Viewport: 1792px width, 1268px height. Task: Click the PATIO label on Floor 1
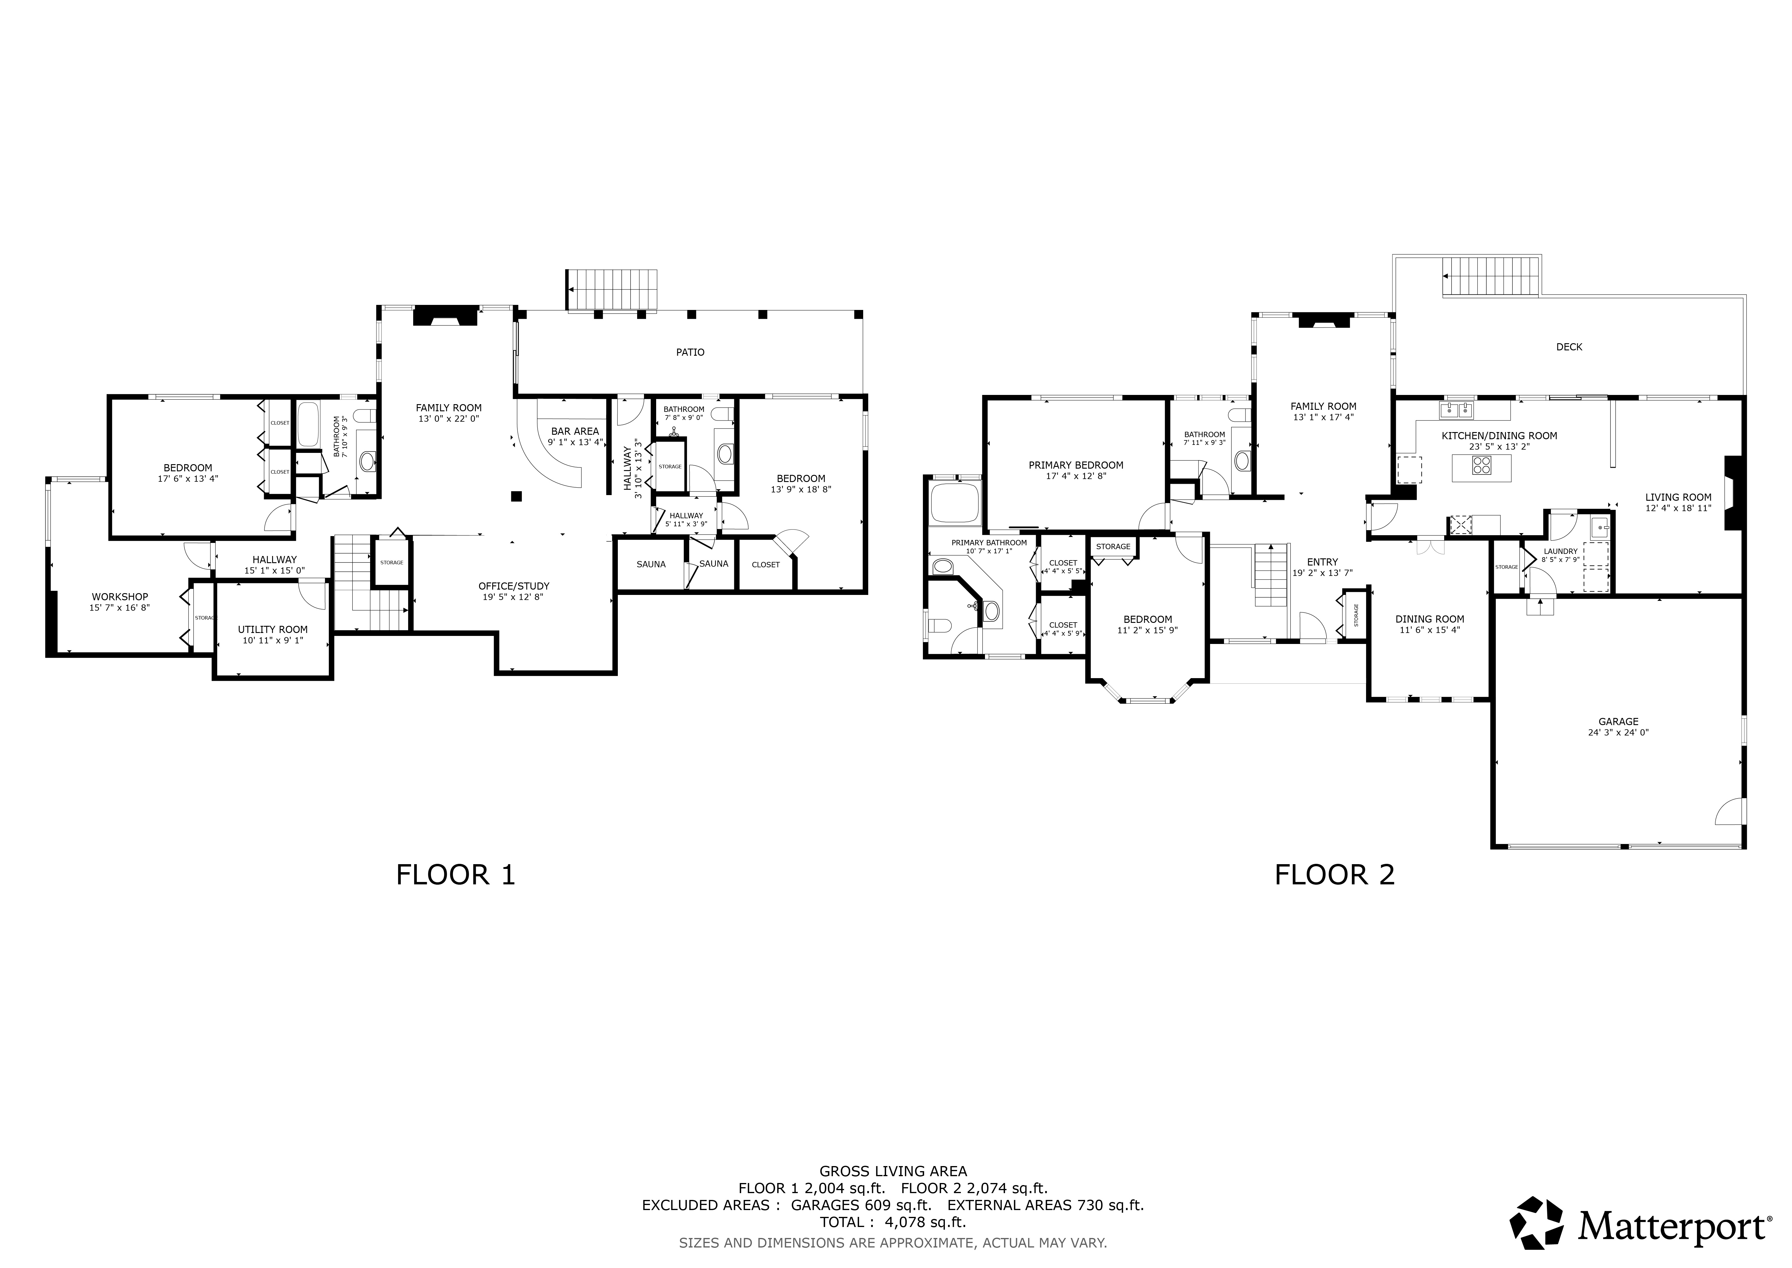(690, 352)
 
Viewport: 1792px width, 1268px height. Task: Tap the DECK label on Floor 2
(1569, 347)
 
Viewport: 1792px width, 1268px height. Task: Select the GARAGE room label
(1618, 722)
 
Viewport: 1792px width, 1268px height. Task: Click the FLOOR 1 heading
(456, 875)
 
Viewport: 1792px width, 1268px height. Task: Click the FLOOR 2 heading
(1335, 875)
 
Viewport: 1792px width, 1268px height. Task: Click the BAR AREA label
(575, 431)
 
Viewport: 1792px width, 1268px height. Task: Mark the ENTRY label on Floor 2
(1322, 561)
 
